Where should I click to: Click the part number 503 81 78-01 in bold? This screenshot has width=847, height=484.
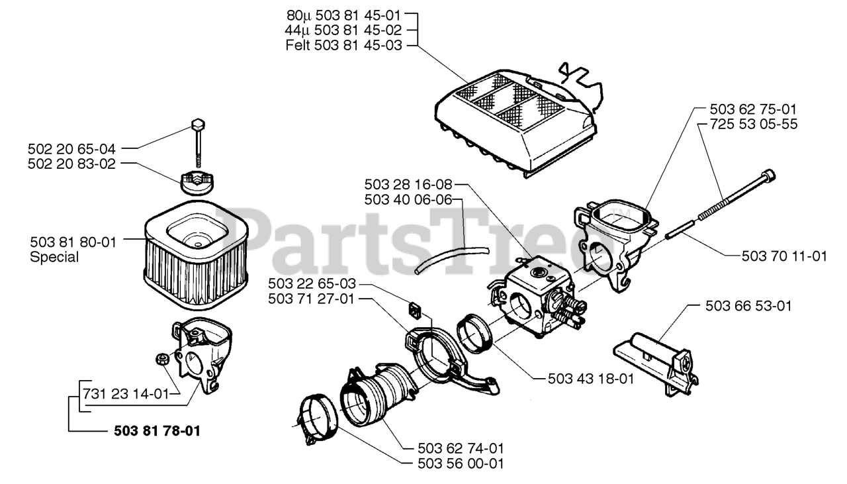[x=154, y=431]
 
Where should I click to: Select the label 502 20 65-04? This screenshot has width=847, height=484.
[x=73, y=148]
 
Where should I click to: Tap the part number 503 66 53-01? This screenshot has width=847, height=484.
[x=749, y=306]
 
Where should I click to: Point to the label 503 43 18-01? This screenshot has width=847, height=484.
[x=592, y=379]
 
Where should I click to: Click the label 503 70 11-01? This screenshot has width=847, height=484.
[x=774, y=256]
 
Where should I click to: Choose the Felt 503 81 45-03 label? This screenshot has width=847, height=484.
[x=343, y=46]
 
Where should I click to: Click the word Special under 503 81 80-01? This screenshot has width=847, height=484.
[x=54, y=257]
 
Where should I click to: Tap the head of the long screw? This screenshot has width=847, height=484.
[x=768, y=175]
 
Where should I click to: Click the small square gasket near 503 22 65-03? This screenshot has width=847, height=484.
[x=416, y=309]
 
